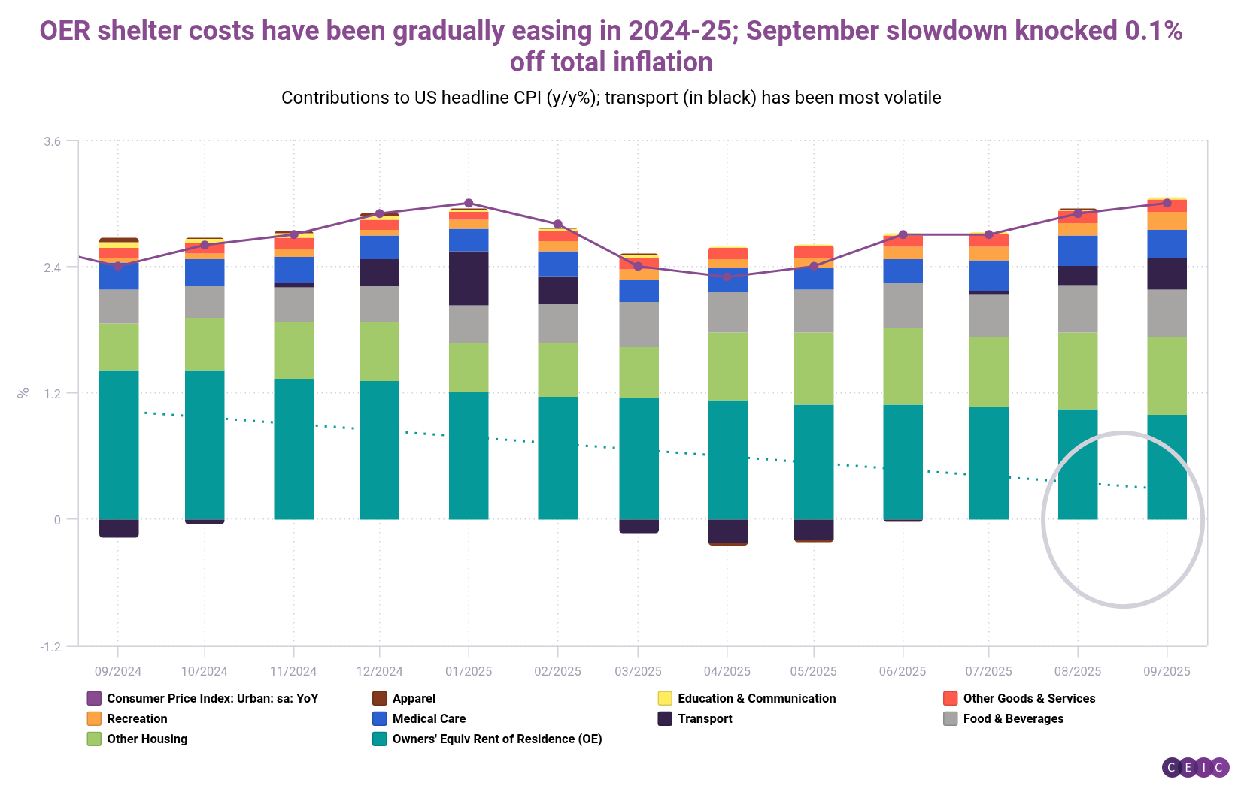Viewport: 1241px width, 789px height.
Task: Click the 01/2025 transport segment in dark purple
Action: (469, 278)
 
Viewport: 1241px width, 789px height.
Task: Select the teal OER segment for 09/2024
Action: (119, 445)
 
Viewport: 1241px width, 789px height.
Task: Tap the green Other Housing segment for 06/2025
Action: (903, 366)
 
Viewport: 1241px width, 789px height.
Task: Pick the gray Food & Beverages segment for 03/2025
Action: (639, 324)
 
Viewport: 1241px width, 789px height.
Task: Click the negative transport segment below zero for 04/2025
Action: (727, 531)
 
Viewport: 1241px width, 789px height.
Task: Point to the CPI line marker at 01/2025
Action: (469, 203)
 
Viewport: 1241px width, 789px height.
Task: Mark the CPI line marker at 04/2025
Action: (727, 277)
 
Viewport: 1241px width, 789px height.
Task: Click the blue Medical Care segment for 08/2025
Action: (1077, 250)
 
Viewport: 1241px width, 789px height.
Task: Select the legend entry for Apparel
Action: (413, 698)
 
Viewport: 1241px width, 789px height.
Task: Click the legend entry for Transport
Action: (704, 718)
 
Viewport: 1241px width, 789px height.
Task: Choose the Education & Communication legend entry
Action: (756, 698)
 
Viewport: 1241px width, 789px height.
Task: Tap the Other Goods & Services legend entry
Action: (1028, 698)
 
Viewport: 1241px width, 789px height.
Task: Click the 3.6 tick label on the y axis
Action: (52, 141)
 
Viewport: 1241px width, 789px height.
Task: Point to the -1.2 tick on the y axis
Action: (50, 647)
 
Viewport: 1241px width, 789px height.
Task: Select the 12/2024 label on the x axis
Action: (380, 671)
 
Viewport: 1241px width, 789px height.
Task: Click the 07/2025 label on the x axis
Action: (988, 671)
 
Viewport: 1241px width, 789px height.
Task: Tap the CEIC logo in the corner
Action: (1195, 767)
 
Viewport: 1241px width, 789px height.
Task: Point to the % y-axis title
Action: (23, 392)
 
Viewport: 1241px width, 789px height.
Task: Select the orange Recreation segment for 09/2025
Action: (1167, 221)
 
